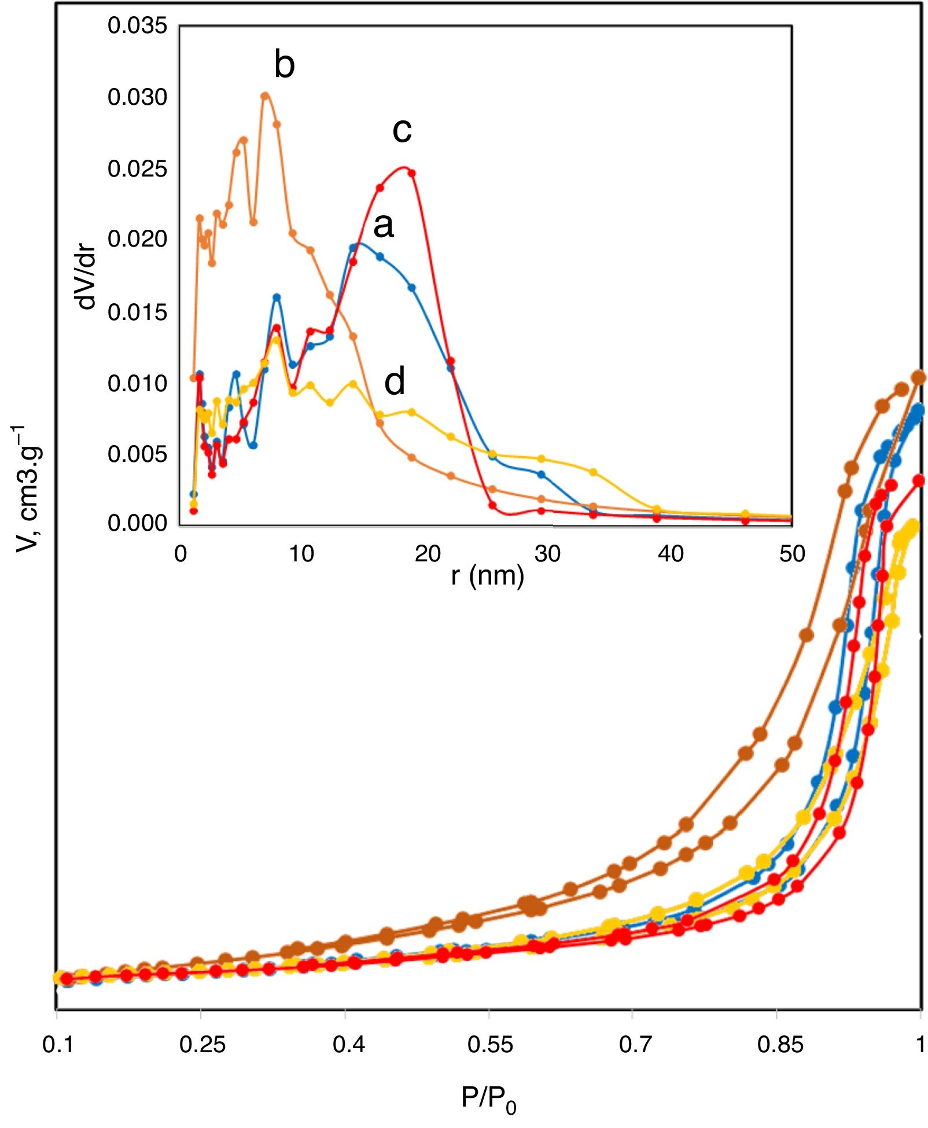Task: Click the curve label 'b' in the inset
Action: [284, 64]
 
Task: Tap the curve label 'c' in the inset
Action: [402, 131]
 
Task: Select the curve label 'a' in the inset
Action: [384, 226]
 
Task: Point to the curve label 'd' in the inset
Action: [395, 383]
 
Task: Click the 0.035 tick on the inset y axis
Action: [137, 25]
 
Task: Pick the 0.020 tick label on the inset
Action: [137, 238]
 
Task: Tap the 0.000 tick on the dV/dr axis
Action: [137, 523]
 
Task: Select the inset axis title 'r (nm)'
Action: [487, 576]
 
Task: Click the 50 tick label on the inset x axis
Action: [791, 554]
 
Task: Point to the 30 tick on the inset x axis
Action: [547, 554]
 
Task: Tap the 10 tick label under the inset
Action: [301, 554]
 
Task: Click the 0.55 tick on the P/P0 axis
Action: [489, 1045]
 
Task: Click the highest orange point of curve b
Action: [265, 95]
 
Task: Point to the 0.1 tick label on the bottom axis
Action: [57, 1045]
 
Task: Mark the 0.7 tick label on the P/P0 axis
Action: [635, 1045]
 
